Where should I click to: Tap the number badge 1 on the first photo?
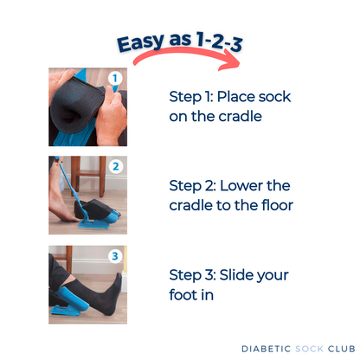[x=115, y=80]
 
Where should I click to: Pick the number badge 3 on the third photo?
[x=115, y=257]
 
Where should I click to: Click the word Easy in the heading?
[x=138, y=43]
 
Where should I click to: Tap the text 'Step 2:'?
[x=192, y=184]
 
